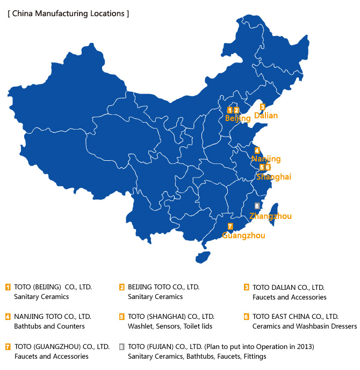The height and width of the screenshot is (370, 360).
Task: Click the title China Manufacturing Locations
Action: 68,13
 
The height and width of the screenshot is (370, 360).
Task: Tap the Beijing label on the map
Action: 237,118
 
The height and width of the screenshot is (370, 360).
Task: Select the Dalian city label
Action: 266,115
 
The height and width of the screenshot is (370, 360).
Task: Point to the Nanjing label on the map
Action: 267,159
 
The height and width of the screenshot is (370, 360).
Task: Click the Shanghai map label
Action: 273,176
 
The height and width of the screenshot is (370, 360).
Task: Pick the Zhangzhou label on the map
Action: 271,216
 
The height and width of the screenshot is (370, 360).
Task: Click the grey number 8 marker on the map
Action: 257,206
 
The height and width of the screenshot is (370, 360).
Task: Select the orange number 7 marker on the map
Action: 230,226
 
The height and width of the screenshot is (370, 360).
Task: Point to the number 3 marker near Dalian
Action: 262,106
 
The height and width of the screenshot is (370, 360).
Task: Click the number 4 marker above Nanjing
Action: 257,151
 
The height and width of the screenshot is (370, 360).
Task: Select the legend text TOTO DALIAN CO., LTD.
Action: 289,287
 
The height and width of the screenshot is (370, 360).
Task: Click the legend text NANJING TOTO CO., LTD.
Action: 53,316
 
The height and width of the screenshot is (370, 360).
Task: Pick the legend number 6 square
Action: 247,317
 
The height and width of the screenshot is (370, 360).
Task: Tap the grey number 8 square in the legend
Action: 122,346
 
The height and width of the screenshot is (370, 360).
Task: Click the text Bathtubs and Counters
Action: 49,326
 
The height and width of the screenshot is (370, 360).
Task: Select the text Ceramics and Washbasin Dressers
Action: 304,326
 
